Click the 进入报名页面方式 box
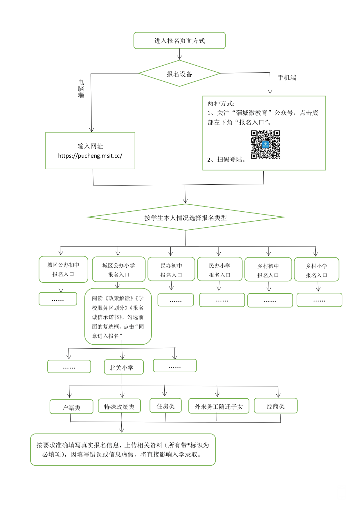179,41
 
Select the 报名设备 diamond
179,74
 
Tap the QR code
265,145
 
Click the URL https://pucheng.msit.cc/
90,156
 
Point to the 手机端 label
287,78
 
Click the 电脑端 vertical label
81,89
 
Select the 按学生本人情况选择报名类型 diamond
186,217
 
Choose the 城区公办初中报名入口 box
63,269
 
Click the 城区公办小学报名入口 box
119,270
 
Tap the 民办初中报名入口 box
171,270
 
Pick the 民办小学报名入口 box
220,270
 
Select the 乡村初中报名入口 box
268,270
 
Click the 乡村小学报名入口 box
317,270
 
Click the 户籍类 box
71,407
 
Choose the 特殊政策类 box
119,406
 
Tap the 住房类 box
166,406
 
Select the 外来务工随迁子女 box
219,406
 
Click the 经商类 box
276,406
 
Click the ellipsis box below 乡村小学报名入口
319,300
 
